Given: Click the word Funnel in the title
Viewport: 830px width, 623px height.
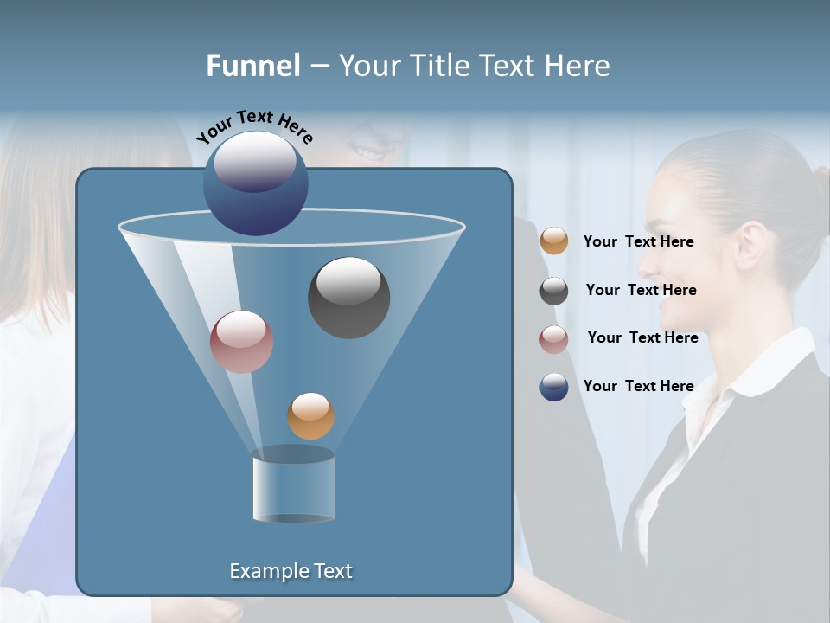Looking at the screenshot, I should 252,66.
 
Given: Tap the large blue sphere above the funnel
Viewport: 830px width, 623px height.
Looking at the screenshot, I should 256,183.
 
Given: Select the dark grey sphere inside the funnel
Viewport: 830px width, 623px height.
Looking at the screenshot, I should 348,298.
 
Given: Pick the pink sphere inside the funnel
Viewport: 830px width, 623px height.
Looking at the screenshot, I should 241,342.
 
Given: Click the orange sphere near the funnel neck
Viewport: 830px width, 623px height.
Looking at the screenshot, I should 310,416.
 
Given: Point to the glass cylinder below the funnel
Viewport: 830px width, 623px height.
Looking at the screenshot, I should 293,486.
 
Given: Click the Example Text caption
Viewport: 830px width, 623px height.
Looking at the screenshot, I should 291,571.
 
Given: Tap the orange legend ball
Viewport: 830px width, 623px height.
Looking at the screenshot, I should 554,241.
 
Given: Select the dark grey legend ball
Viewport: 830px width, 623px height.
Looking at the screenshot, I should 554,291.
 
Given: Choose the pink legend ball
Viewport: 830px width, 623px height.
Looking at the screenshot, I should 554,339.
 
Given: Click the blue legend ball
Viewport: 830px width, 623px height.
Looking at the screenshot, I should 554,387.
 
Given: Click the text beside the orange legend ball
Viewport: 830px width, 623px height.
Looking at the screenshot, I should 638,242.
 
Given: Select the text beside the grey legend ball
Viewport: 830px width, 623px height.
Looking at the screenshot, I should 641,291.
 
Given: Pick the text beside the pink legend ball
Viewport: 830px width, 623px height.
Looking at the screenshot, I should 642,338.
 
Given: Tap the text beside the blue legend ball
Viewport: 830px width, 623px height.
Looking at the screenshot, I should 638,386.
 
